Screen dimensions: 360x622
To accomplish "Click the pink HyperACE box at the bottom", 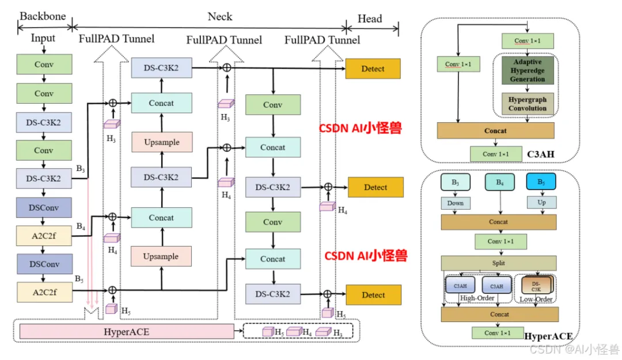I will [127, 331].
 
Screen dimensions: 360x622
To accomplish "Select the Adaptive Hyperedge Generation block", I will [527, 70].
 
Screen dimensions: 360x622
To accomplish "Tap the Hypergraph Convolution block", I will [527, 104].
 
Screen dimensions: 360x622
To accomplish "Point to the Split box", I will [499, 263].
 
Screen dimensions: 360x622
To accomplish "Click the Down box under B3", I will [456, 203].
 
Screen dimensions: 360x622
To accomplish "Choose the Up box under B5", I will [541, 203].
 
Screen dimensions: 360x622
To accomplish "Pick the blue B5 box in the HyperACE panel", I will [541, 182].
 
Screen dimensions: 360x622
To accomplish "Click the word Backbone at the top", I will [43, 16].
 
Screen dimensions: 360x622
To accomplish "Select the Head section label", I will [370, 18].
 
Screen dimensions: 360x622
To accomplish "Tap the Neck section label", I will [220, 17].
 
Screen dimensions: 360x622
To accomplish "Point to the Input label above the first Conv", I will [43, 38].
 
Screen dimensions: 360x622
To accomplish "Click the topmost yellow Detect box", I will [373, 69].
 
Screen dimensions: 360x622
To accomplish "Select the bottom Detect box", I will [373, 295].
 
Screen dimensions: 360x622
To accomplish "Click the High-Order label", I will [477, 298].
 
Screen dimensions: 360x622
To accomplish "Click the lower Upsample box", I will [161, 256].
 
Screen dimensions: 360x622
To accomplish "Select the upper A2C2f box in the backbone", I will [44, 235].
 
